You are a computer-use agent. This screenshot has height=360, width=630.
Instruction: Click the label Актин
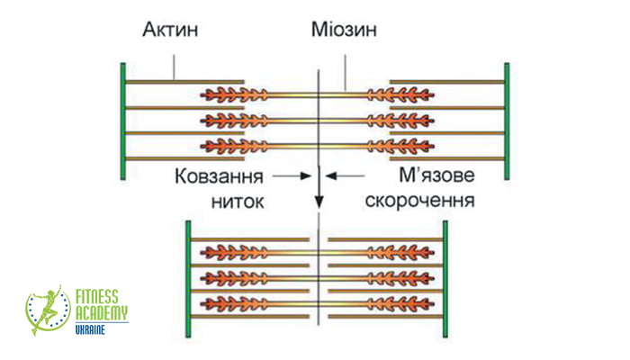[170, 30]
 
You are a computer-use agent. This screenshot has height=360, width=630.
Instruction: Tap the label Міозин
[344, 30]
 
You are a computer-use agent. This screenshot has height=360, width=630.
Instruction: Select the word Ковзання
[219, 176]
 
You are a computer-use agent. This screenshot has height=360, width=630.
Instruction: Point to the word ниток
[238, 202]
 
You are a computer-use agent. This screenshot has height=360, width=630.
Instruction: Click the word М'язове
[436, 175]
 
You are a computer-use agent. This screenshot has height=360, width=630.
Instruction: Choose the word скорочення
[420, 201]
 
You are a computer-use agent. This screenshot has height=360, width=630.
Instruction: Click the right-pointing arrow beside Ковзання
[292, 175]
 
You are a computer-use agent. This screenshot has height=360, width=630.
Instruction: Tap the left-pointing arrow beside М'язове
[345, 175]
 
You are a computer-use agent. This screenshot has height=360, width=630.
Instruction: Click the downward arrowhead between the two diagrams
[319, 202]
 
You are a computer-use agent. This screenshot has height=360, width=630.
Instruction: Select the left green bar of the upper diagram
[123, 121]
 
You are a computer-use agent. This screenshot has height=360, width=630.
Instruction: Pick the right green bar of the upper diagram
[507, 121]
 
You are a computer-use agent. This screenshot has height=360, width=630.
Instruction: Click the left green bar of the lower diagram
[188, 279]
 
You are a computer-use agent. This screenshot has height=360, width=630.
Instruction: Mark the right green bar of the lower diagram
[445, 279]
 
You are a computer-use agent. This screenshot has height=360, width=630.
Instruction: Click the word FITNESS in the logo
[97, 297]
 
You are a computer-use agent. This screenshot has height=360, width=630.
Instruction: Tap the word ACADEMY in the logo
[102, 312]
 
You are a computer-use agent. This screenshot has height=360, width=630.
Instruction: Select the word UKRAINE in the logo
[90, 330]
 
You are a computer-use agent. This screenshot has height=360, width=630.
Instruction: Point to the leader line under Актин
[174, 67]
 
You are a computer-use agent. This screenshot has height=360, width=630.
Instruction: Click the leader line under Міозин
[345, 73]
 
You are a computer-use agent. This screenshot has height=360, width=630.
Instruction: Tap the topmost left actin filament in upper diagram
[184, 82]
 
